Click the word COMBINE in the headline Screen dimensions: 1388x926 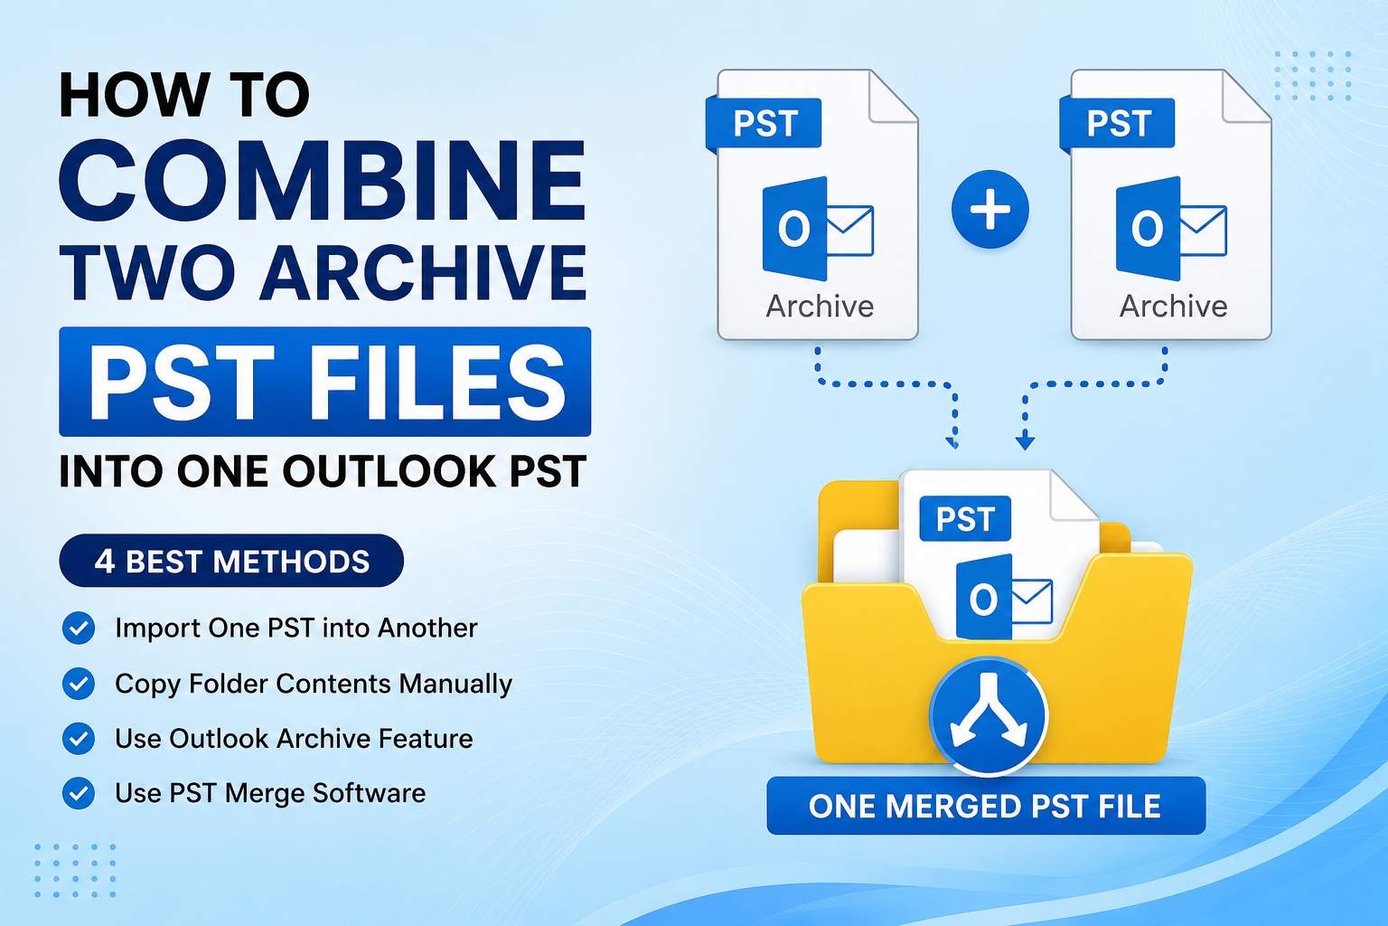323,180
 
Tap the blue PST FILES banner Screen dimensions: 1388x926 324,382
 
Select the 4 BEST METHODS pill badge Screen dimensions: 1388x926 231,561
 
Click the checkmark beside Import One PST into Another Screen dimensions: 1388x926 79,628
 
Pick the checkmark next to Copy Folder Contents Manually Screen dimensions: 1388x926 79,684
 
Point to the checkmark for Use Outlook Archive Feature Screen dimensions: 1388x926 79,738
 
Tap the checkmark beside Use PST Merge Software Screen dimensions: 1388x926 79,793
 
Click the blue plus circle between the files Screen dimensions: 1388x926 989,210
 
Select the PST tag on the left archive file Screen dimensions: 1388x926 764,123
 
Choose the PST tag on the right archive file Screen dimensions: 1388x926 1117,123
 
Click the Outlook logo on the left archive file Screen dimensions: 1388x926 817,228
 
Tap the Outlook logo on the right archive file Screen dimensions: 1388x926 1170,228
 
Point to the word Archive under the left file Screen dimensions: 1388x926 820,307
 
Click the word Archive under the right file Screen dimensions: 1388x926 1173,307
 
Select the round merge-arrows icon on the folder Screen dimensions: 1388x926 989,715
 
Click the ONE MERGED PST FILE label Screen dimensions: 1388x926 986,806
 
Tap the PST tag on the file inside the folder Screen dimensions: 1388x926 965,518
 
